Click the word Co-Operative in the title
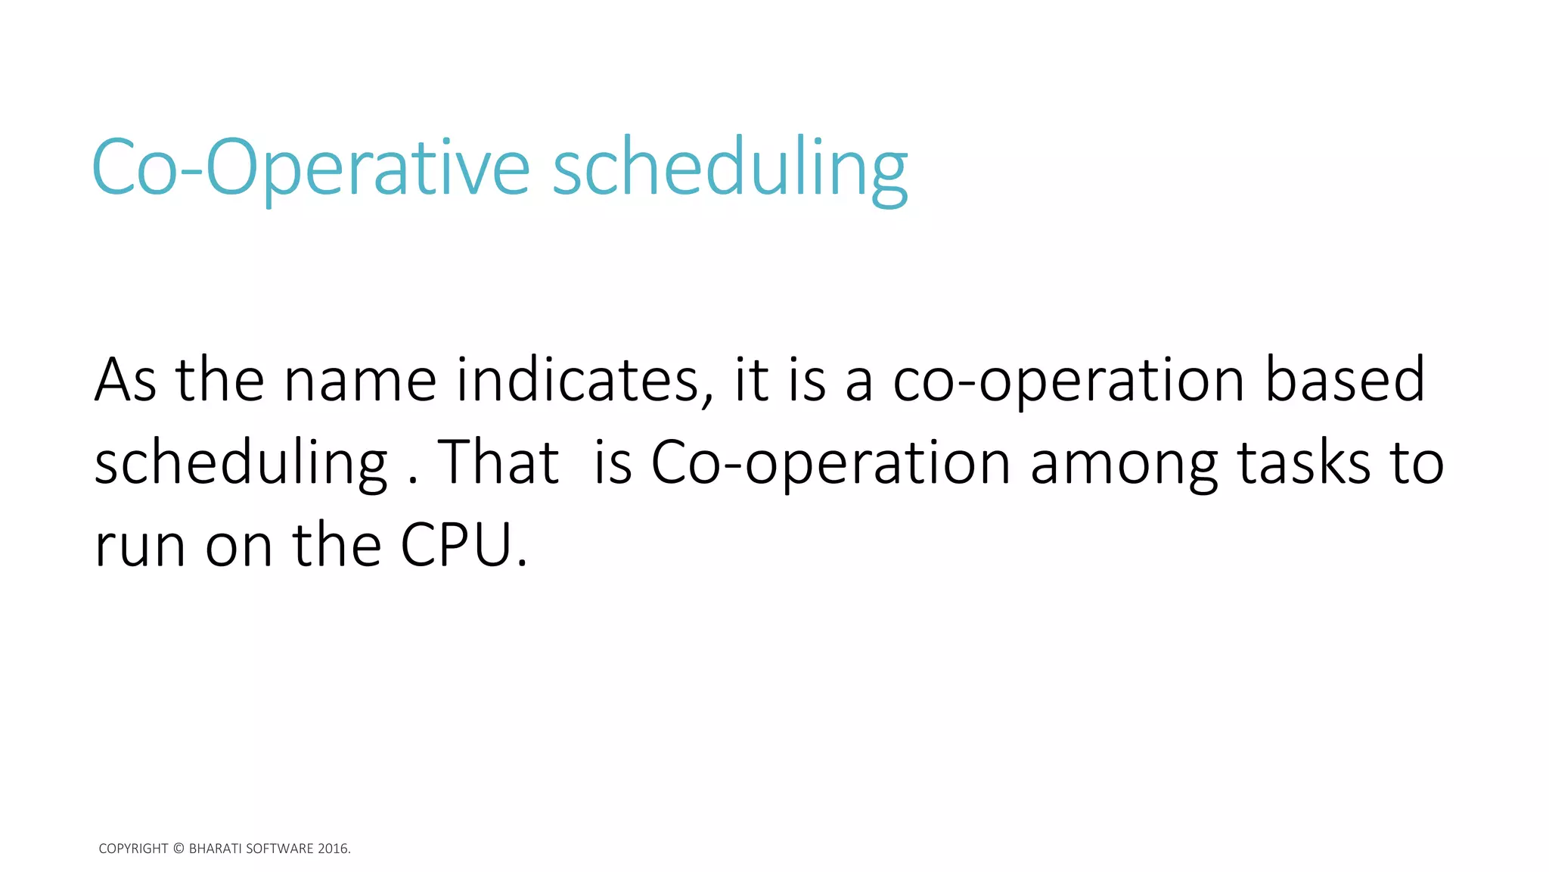(310, 168)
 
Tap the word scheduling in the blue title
(730, 168)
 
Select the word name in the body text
(360, 380)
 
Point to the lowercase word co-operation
(1069, 380)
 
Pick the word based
(1345, 380)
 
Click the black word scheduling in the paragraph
(241, 463)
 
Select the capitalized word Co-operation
(830, 463)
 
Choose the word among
(1124, 463)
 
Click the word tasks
(1303, 463)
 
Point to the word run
(140, 547)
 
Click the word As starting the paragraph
(126, 380)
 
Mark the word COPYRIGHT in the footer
(133, 849)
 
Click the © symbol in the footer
(178, 849)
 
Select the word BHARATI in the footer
(216, 849)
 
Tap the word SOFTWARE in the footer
(280, 849)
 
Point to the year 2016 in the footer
(332, 849)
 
